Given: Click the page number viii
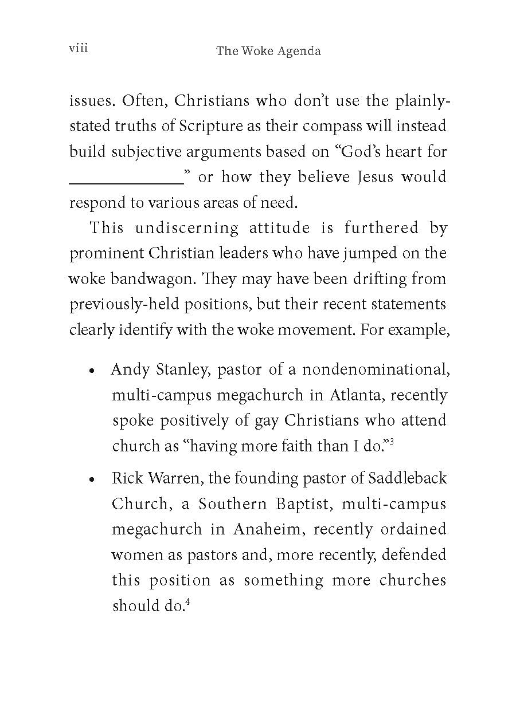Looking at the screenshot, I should point(78,48).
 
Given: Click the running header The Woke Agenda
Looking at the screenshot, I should point(268,51).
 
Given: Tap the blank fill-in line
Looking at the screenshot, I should point(126,182).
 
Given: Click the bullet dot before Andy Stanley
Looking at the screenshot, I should point(92,371).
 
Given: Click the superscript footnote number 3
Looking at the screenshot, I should point(391,442).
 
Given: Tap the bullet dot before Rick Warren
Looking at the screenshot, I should point(92,479).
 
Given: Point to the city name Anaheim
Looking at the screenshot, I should point(266,529).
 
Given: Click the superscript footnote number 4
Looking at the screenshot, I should point(187,601).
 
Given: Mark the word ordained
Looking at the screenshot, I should point(413,529).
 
